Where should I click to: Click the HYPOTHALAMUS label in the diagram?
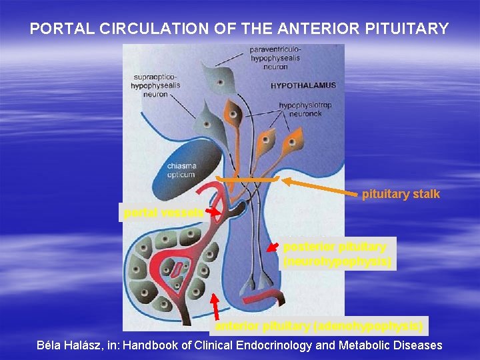[x=303, y=85]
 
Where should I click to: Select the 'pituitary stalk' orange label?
[x=401, y=195]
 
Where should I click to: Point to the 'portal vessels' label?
[x=163, y=213]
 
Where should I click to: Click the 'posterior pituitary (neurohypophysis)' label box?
[x=339, y=254]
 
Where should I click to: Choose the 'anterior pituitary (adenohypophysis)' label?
[x=318, y=326]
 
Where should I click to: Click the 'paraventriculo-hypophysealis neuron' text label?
[x=275, y=58]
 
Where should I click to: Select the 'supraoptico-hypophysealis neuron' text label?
[x=154, y=85]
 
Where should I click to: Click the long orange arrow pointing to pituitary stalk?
[x=320, y=187]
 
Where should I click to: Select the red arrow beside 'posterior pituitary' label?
[x=272, y=247]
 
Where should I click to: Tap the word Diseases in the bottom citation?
[x=419, y=345]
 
